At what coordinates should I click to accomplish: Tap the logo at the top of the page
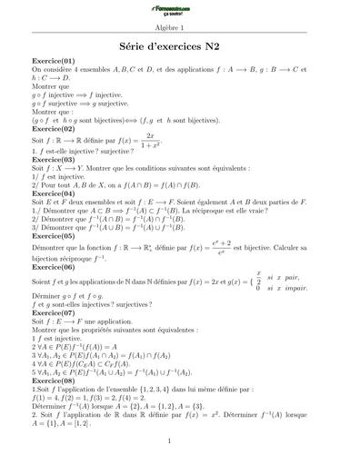coord(180,12)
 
